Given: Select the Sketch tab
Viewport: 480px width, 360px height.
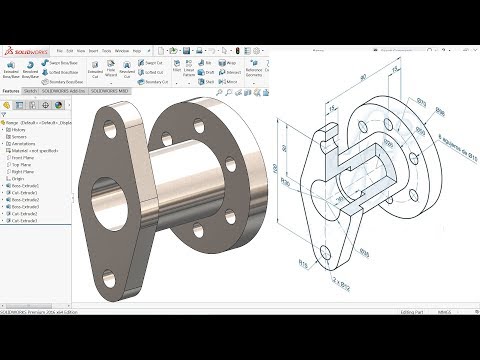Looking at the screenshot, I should point(30,90).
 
